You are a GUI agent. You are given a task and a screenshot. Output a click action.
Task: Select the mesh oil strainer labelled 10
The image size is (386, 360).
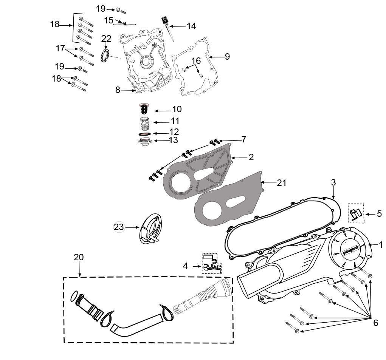144,108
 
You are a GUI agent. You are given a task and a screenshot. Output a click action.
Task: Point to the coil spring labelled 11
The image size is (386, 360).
145,124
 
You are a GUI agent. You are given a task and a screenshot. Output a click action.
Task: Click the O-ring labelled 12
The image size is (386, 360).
144,134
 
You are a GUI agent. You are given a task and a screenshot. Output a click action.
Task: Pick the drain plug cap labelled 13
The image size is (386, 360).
144,142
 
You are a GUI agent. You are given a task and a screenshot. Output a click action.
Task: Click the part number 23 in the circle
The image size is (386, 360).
119,227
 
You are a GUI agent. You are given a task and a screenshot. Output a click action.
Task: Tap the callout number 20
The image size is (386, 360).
79,257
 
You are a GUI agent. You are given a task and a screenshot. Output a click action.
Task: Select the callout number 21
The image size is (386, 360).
282,183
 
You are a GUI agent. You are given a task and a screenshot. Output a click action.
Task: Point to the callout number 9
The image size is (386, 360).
228,57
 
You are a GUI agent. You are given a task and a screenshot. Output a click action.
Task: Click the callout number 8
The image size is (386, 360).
118,90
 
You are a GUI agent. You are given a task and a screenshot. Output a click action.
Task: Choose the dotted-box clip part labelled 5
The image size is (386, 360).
356,213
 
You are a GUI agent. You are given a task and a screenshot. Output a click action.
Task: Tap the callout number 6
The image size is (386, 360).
376,323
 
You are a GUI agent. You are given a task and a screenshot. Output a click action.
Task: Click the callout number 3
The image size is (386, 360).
333,182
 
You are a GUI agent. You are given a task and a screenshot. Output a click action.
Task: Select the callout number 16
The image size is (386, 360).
196,60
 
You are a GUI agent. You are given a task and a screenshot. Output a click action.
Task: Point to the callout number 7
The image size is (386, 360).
244,139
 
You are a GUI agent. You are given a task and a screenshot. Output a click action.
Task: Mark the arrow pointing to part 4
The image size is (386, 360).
197,266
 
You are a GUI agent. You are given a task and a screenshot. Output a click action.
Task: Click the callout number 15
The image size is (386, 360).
109,20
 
